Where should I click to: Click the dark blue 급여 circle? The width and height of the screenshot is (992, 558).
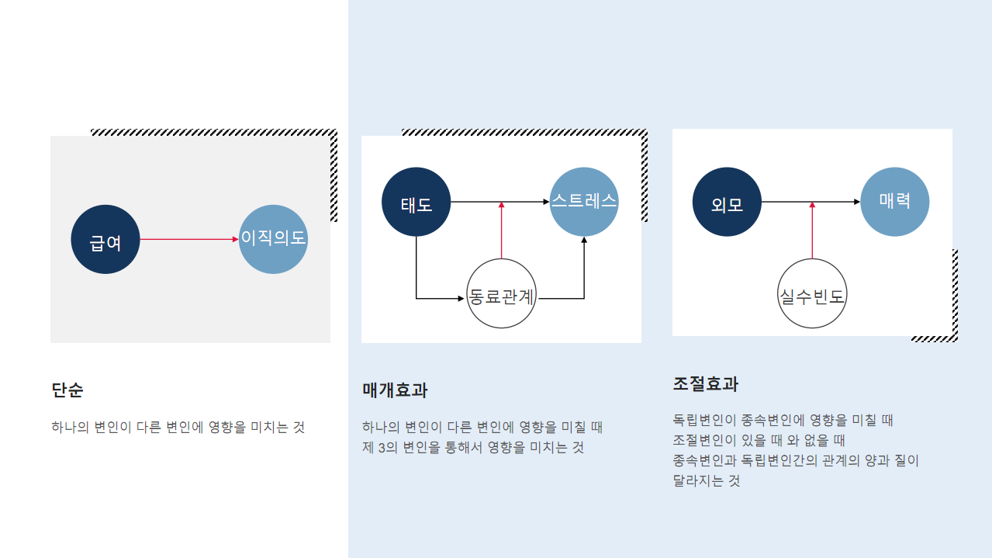tap(105, 239)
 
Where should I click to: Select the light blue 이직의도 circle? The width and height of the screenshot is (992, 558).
tap(273, 239)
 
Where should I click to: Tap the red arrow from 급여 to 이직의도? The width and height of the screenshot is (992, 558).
tap(189, 239)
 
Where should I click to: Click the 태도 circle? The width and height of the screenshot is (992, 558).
tap(417, 202)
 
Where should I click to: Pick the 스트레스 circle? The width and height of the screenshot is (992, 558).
tap(584, 202)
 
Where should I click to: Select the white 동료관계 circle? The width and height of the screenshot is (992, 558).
tap(502, 296)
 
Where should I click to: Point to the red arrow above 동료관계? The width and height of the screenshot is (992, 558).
tap(502, 230)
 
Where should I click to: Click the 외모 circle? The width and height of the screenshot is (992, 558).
tap(728, 202)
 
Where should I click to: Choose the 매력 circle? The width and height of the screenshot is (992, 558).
tap(895, 202)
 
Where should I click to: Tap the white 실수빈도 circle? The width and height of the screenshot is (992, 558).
tap(812, 296)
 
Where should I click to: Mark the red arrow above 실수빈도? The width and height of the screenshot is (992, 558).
tap(812, 230)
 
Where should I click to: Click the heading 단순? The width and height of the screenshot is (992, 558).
tap(67, 390)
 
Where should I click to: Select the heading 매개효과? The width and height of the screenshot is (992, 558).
tap(395, 390)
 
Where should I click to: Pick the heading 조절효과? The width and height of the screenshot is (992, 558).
tap(706, 384)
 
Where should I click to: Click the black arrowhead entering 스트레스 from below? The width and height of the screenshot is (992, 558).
tap(584, 241)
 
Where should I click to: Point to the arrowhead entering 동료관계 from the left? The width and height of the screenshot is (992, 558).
tap(461, 298)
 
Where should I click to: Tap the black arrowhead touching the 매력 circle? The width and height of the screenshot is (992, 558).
tap(856, 202)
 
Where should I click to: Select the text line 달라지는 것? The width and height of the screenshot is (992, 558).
tap(707, 480)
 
